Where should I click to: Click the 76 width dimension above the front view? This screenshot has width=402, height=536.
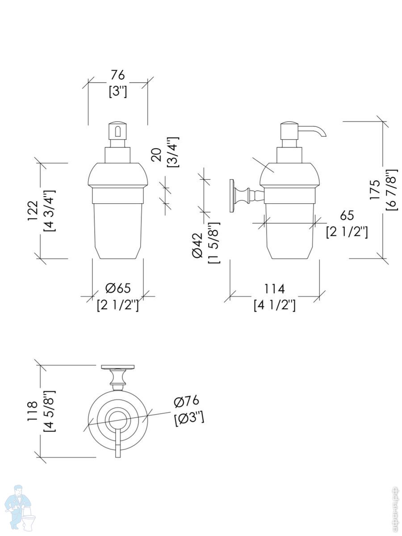coord(118,75)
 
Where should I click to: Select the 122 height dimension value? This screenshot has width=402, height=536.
coord(33,211)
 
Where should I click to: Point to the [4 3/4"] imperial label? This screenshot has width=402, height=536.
coord(50,210)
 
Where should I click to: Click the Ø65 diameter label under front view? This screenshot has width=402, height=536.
coord(118,288)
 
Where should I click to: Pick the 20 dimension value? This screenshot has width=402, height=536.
coord(156,155)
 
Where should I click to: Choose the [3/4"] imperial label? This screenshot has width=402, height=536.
coord(173,152)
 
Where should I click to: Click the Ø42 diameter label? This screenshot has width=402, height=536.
coord(197,245)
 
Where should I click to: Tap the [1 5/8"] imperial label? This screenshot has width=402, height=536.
coord(214,243)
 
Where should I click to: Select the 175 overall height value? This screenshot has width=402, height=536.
coord(375,190)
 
